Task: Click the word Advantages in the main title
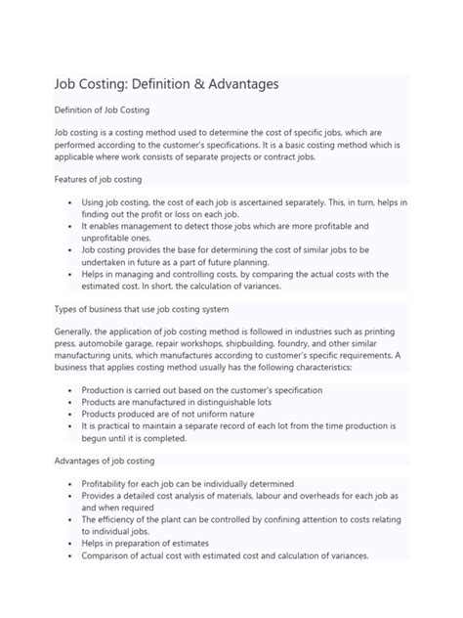click(235, 85)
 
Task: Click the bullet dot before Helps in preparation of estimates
click(72, 543)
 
